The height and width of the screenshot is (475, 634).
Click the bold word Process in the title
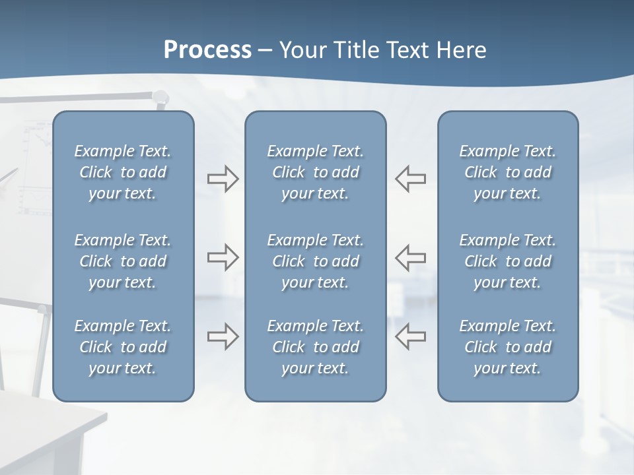coord(207,50)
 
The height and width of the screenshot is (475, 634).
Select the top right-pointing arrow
coord(223,179)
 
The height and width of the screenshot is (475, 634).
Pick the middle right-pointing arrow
coord(223,257)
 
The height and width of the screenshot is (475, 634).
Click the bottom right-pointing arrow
coord(223,336)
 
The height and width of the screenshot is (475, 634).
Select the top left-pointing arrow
coord(411,179)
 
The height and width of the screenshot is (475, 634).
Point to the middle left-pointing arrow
coord(411,257)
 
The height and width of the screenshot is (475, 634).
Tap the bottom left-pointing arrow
coord(411,336)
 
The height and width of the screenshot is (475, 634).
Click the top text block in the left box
coord(123,172)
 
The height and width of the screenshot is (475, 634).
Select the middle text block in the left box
coord(123,261)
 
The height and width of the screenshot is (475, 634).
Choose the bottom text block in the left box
coord(123,347)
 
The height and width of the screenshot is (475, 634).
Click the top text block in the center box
coord(315,172)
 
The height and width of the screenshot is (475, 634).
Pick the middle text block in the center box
coord(315,261)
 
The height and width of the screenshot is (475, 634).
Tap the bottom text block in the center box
coord(315,347)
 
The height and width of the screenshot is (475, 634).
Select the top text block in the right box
coord(507,172)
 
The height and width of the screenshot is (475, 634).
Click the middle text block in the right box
coord(507,261)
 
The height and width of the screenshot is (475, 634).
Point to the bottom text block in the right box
coord(507,347)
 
